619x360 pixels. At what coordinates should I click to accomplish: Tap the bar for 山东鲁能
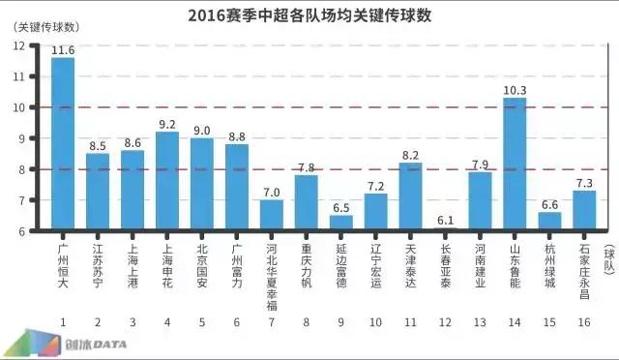[515, 164]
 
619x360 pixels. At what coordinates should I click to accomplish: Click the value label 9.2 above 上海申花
[167, 123]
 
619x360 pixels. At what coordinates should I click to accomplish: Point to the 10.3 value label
[515, 89]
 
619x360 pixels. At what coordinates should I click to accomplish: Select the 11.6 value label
[63, 49]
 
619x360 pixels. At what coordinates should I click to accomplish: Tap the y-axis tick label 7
[34, 200]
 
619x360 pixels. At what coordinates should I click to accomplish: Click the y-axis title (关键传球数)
[48, 26]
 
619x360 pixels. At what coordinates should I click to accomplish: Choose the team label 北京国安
[202, 255]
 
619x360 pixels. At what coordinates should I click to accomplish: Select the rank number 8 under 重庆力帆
[307, 321]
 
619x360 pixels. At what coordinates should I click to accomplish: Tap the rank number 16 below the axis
[584, 321]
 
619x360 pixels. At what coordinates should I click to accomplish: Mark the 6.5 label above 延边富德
[341, 207]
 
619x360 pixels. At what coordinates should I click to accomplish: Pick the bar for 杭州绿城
[549, 222]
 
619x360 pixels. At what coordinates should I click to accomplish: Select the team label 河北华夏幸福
[272, 266]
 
